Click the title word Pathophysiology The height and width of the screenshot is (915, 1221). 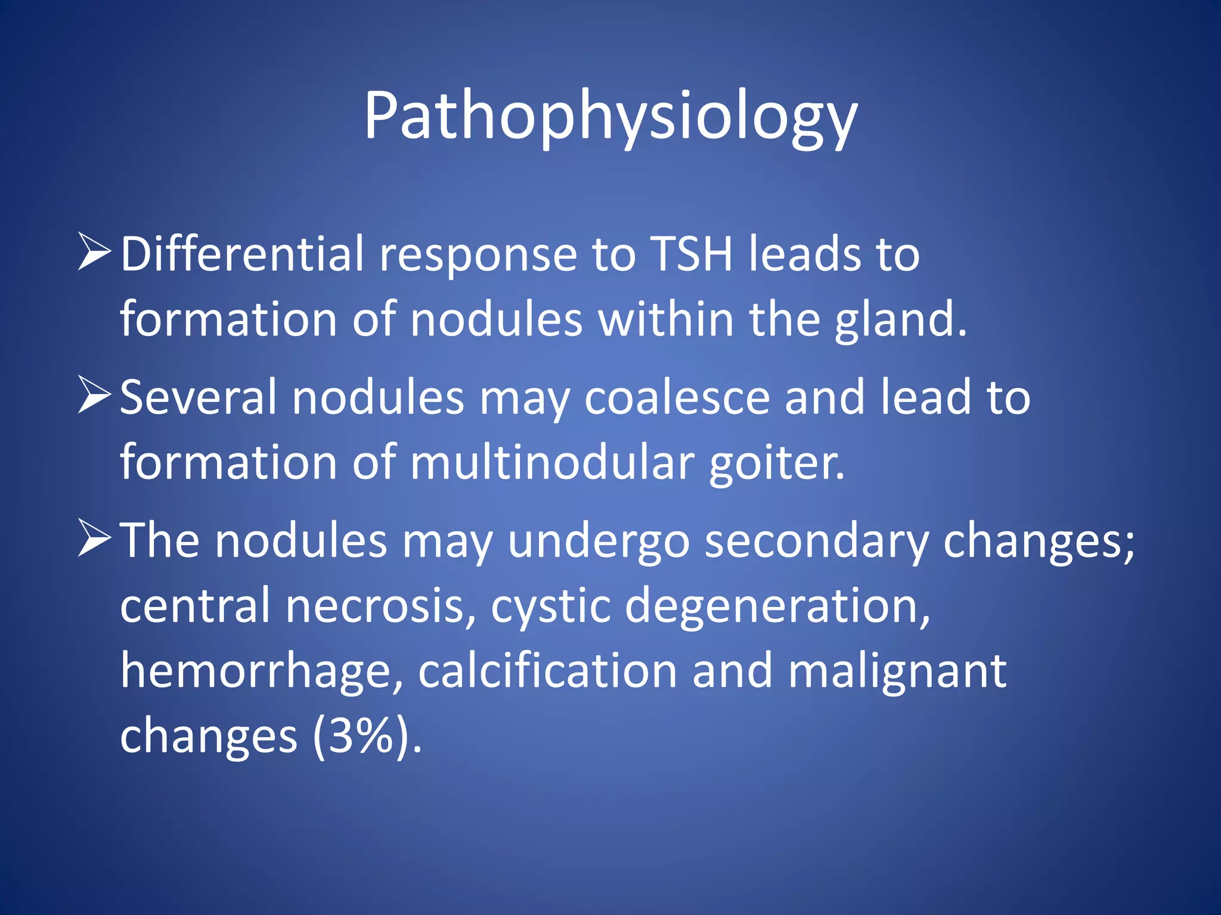610,116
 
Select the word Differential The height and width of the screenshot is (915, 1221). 242,254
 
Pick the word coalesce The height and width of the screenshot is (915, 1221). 677,397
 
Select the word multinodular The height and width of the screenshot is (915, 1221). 552,462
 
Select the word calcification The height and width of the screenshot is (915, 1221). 547,671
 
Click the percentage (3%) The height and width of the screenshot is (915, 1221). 362,736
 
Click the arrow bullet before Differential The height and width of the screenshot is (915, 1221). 94,253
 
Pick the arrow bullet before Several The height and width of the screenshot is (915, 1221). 94,396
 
